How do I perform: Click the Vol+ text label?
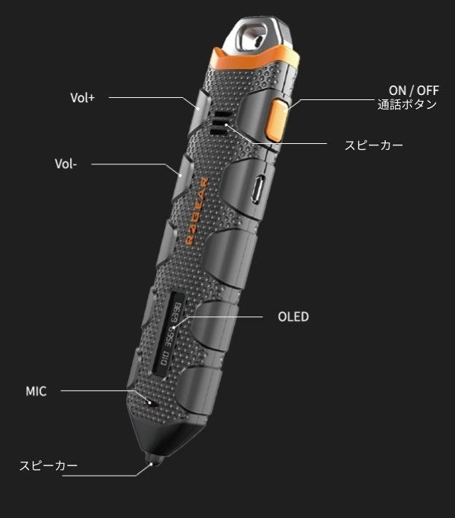[x=82, y=97]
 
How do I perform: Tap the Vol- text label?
[x=66, y=164]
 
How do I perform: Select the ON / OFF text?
[x=414, y=90]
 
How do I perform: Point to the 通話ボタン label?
[x=407, y=104]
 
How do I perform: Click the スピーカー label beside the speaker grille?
[x=373, y=145]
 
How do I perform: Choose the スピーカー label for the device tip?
[x=48, y=465]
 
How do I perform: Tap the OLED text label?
[x=293, y=316]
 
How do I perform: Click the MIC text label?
[x=36, y=391]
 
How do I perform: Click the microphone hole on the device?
[x=152, y=402]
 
